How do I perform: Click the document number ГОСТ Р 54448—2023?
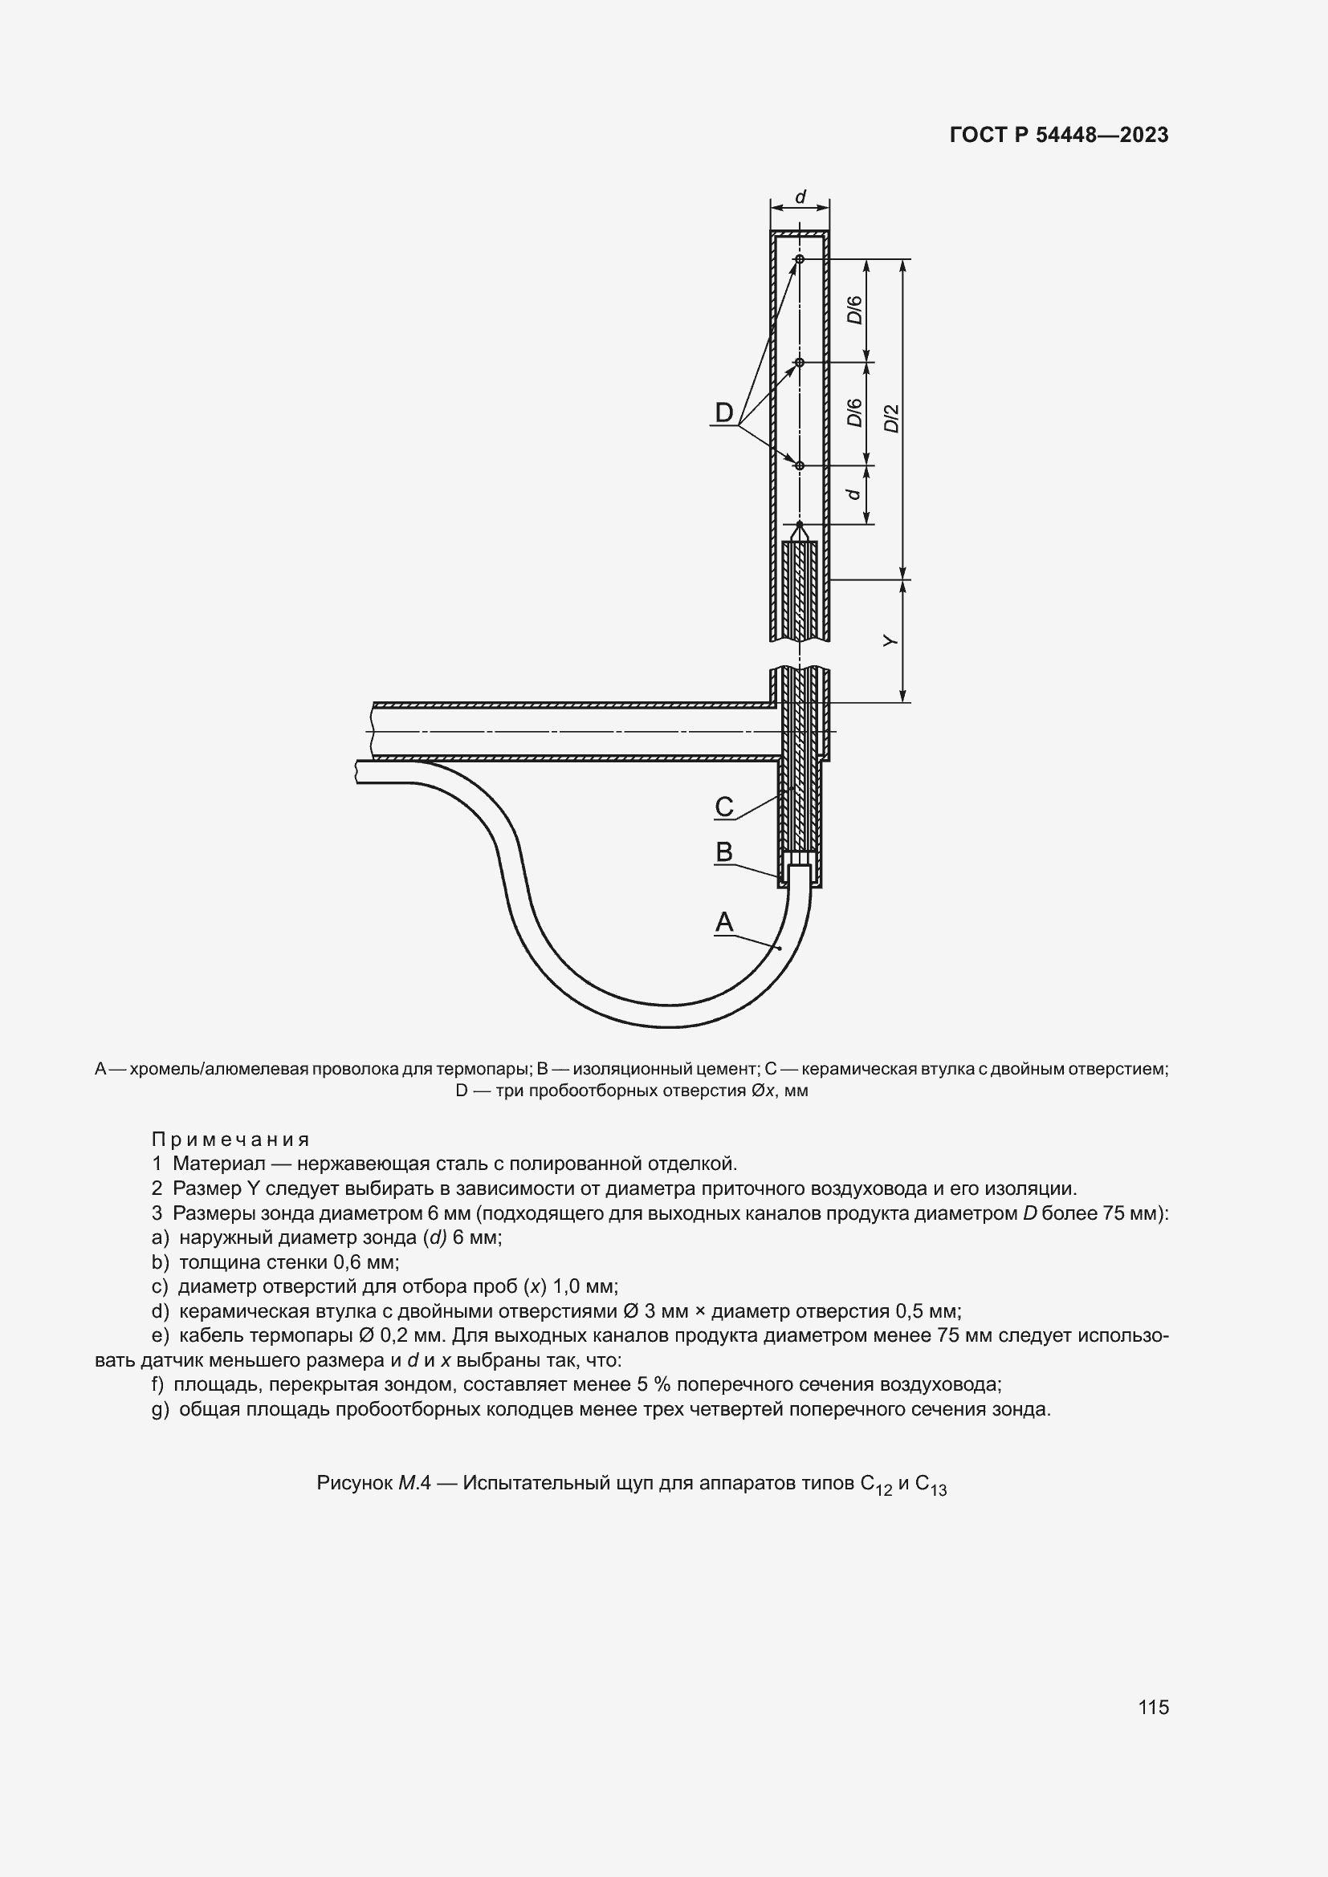[x=1059, y=135]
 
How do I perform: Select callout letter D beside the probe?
[x=723, y=412]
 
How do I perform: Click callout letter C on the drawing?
[x=723, y=806]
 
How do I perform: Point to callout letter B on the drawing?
[x=723, y=852]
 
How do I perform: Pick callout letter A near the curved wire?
[x=723, y=922]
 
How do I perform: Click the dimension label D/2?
[x=891, y=419]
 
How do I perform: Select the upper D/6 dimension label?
[x=854, y=310]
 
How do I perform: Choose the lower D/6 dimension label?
[x=854, y=412]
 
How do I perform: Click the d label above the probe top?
[x=800, y=197]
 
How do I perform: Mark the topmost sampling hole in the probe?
[x=800, y=259]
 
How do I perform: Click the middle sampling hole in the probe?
[x=800, y=362]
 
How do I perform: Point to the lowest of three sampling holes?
[x=800, y=465]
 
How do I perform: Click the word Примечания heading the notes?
[x=230, y=1140]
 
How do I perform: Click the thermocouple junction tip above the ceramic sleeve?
[x=800, y=525]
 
